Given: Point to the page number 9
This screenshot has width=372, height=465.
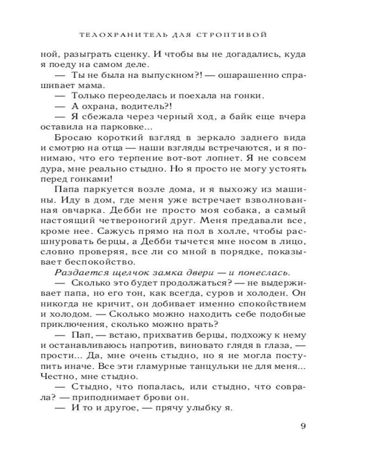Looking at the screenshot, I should (x=303, y=426).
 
